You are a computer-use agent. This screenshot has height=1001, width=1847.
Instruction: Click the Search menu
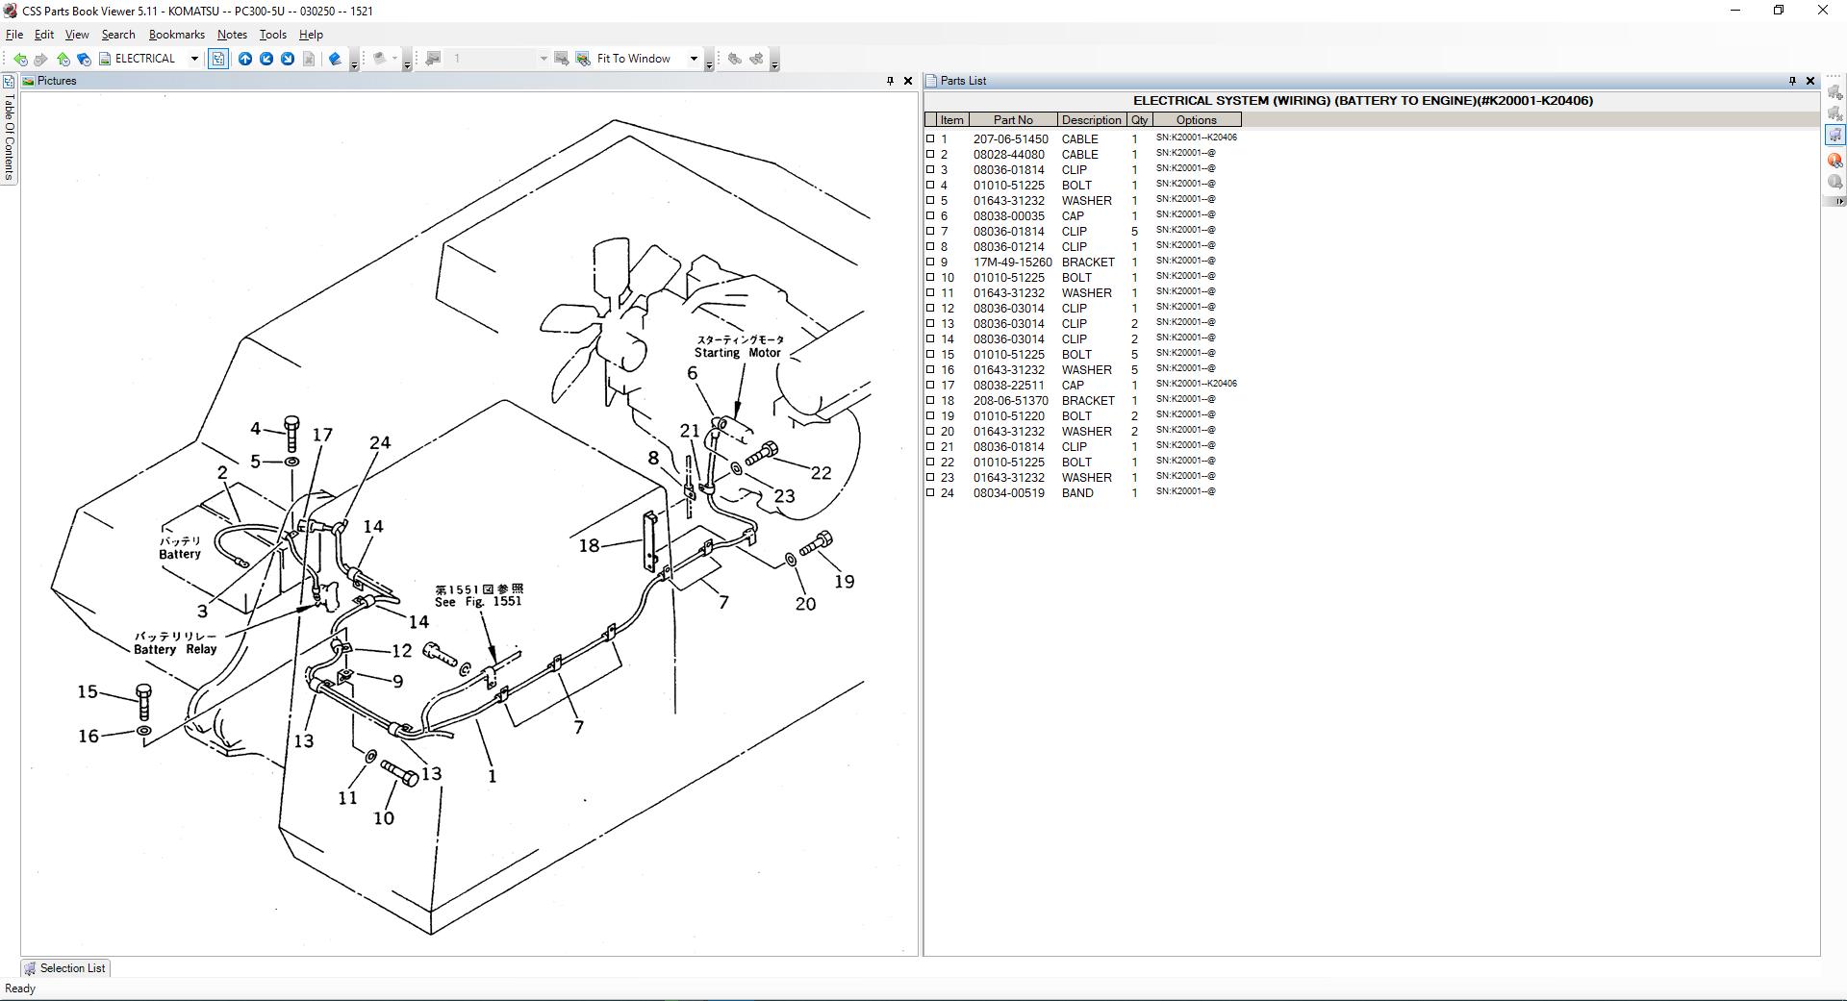[x=118, y=35]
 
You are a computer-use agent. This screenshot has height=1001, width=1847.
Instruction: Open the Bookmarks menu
[x=176, y=35]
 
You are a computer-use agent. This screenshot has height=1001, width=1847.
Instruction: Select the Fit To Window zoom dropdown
[x=646, y=59]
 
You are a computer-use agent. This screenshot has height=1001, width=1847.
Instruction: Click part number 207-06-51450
[x=1010, y=139]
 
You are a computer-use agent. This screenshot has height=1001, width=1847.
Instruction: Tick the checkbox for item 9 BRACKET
[x=930, y=262]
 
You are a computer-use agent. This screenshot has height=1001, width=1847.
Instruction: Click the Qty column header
[x=1139, y=120]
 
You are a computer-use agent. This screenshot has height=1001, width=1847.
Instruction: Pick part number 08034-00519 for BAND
[x=1008, y=493]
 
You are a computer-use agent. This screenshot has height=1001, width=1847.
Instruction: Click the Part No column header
[x=1012, y=120]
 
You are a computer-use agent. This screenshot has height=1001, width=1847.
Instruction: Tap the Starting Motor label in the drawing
[x=738, y=353]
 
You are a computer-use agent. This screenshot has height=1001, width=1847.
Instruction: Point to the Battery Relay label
[x=175, y=649]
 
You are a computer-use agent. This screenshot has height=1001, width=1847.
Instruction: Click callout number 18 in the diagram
[x=589, y=546]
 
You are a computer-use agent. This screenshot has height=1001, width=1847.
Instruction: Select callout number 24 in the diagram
[x=380, y=443]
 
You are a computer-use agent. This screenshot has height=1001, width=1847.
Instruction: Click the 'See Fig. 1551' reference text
[x=478, y=601]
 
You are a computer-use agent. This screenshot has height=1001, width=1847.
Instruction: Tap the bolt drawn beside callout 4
[x=291, y=433]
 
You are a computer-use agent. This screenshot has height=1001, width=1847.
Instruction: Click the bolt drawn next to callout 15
[x=144, y=702]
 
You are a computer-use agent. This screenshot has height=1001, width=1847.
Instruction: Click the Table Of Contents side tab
[x=9, y=135]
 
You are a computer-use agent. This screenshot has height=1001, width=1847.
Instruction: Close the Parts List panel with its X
[x=1809, y=81]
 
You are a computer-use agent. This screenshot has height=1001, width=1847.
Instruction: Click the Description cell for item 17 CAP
[x=1073, y=386]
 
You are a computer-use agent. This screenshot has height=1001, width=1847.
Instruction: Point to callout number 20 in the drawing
[x=805, y=604]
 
